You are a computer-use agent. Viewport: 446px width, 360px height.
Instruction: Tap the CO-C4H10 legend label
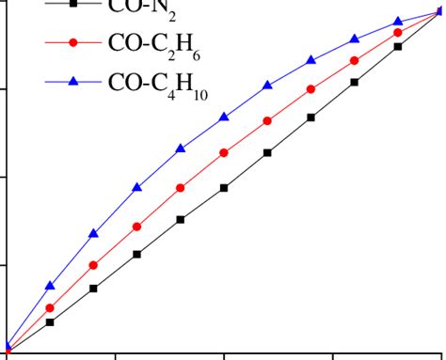point(158,85)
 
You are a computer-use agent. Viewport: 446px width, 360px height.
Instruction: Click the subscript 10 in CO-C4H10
point(199,93)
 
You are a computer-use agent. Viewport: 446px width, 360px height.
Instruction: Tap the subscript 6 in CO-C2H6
point(195,55)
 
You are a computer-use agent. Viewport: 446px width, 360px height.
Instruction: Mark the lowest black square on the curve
point(50,322)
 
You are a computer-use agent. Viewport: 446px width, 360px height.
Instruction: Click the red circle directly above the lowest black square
point(50,308)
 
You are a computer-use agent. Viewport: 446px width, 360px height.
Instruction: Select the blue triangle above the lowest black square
point(50,285)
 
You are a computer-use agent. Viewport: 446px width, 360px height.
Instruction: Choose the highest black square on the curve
point(398,45)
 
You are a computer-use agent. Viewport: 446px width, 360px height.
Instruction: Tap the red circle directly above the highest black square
point(398,32)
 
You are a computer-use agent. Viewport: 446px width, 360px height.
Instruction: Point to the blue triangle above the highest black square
point(398,21)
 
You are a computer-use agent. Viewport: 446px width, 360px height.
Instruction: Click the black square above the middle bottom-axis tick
point(224,188)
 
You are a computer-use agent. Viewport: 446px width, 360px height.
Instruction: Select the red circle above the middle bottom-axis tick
point(224,152)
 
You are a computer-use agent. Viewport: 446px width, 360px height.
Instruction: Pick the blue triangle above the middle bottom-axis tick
point(224,117)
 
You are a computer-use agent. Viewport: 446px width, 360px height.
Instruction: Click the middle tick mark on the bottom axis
point(224,355)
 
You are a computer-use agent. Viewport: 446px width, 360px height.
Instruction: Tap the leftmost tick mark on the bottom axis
point(116,355)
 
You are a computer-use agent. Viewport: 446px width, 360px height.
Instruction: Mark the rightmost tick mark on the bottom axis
point(333,355)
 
